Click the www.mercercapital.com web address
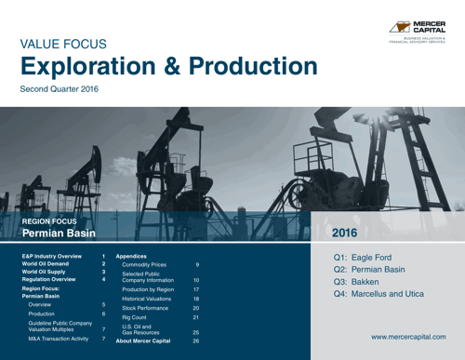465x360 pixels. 408,334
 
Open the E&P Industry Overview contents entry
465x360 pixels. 52,254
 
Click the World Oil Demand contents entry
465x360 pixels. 47,263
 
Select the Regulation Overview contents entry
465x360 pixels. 50,279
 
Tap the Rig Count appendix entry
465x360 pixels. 136,318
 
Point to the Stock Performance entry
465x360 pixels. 148,307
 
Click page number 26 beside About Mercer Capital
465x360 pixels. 196,341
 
